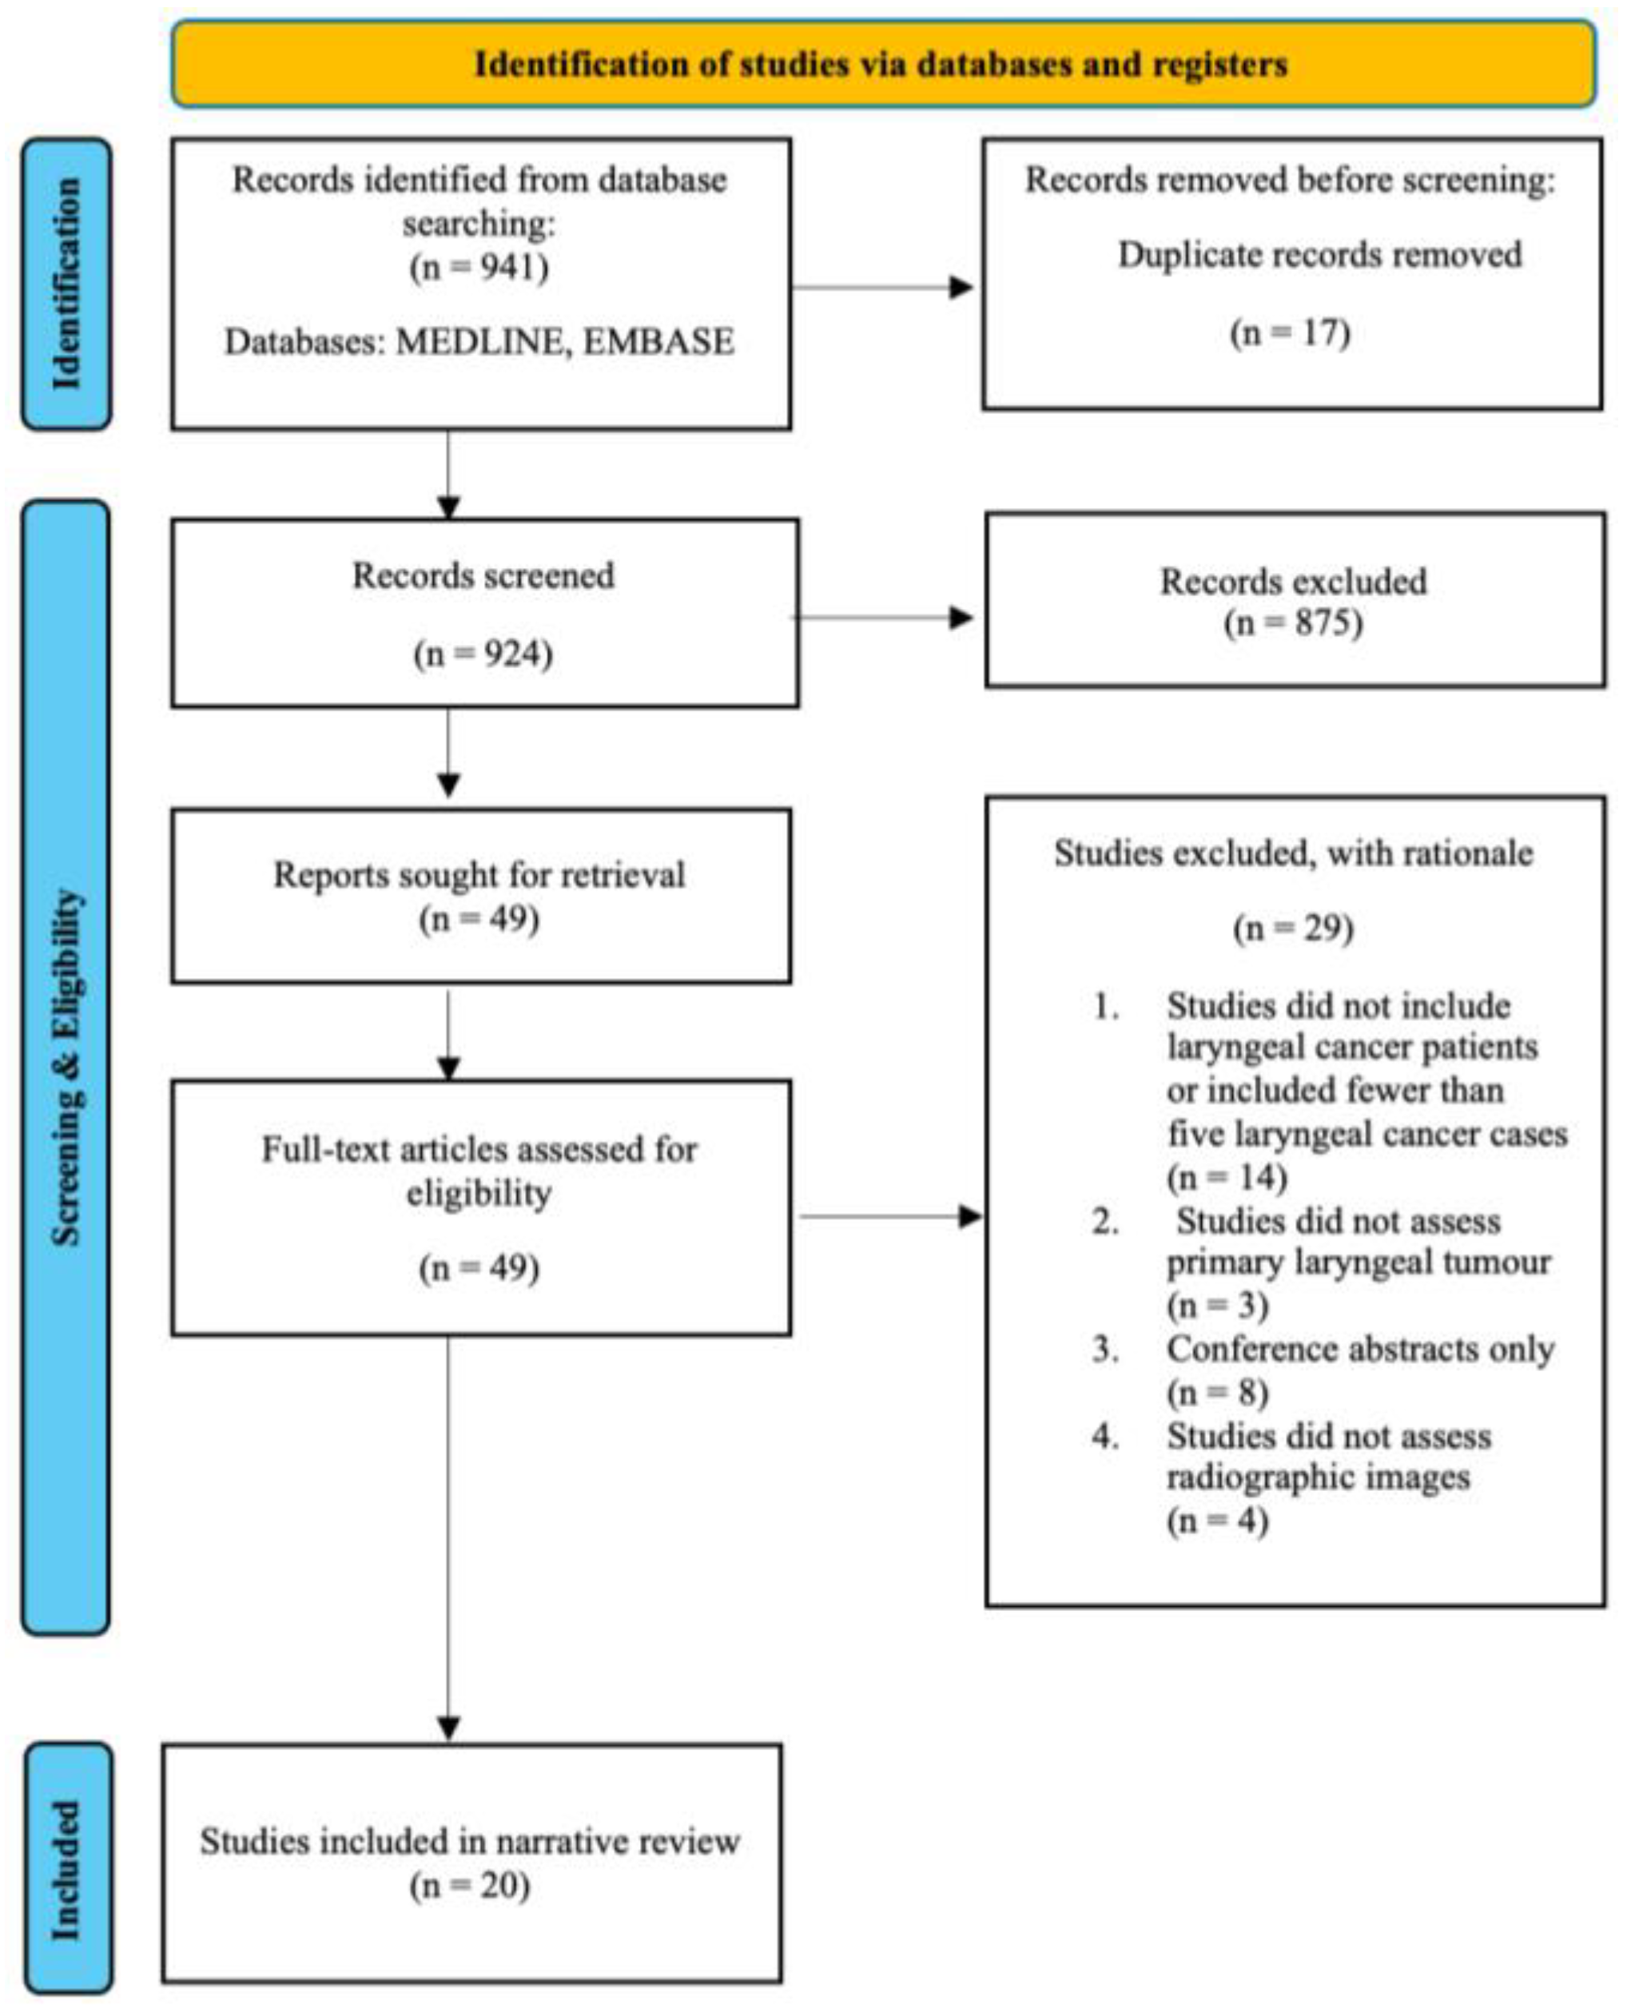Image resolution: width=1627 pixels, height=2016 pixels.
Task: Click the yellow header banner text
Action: [881, 64]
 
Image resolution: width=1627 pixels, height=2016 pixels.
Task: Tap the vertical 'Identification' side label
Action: [66, 283]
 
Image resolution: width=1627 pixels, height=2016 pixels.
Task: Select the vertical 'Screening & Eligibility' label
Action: [66, 1068]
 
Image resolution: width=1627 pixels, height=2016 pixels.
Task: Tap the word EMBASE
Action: [658, 341]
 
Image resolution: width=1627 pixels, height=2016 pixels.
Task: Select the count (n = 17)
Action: [1291, 334]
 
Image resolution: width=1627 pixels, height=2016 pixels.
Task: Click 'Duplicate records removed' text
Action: [1319, 254]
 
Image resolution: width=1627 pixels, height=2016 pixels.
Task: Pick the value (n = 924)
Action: [483, 654]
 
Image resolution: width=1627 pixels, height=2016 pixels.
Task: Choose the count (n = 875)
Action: [1293, 622]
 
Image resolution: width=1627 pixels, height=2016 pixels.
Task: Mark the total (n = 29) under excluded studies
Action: [1293, 928]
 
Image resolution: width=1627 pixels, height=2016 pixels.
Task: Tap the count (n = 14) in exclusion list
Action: [1227, 1176]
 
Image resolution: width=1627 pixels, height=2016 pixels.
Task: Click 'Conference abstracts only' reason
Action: [1360, 1349]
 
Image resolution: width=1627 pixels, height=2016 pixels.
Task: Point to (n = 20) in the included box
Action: [471, 1885]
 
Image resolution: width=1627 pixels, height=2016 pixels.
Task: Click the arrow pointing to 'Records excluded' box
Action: [883, 618]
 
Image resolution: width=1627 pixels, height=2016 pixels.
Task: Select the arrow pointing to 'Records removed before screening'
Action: [883, 287]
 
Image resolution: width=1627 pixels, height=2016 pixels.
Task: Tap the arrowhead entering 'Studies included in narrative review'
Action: [449, 1728]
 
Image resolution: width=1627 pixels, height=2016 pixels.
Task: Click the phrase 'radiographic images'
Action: [1319, 1477]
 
